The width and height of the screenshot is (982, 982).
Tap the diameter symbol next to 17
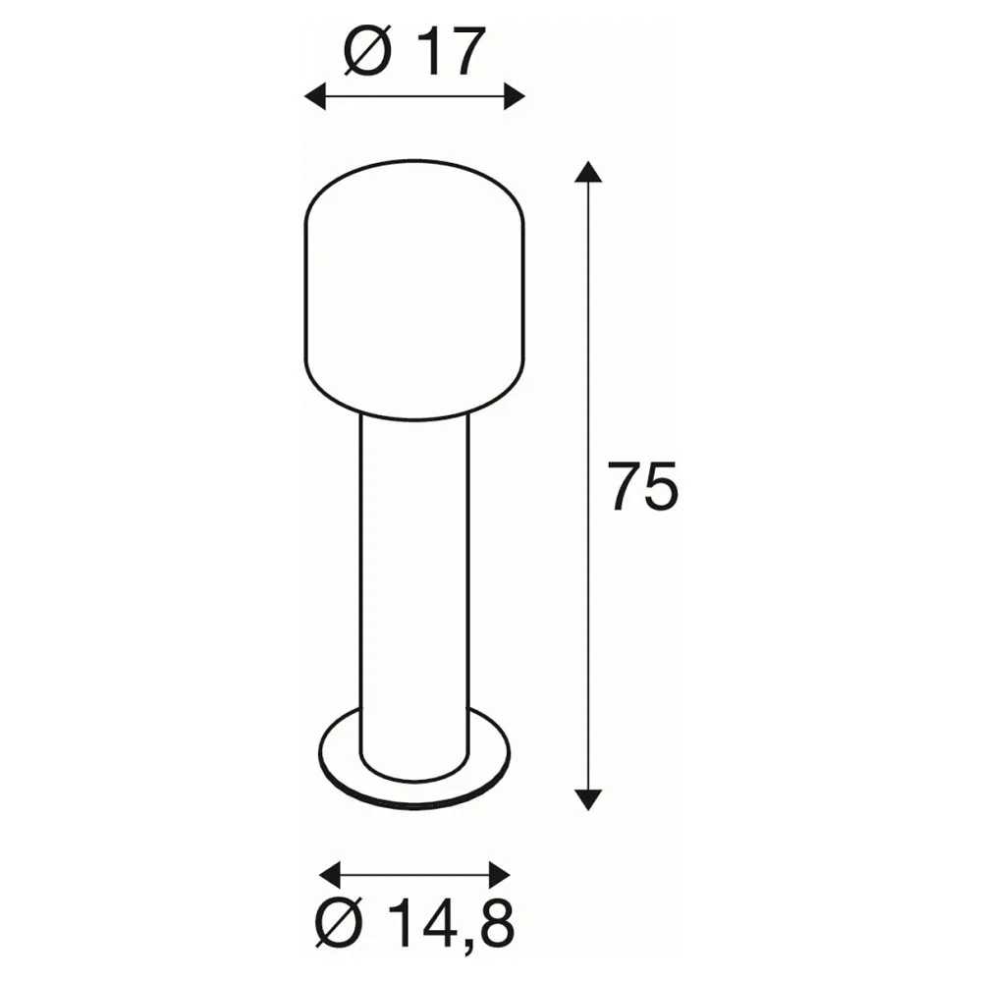[367, 51]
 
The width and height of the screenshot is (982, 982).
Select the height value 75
[642, 487]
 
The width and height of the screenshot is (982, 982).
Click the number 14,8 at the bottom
[450, 923]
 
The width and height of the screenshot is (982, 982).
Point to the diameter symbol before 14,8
[339, 923]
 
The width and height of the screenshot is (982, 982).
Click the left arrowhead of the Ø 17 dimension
[315, 96]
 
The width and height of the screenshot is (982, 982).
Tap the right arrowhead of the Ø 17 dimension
[515, 96]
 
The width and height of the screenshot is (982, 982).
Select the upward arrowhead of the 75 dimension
[587, 172]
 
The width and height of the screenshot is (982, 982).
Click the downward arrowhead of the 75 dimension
[587, 799]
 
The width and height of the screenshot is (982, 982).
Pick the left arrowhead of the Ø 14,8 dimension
[330, 874]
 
